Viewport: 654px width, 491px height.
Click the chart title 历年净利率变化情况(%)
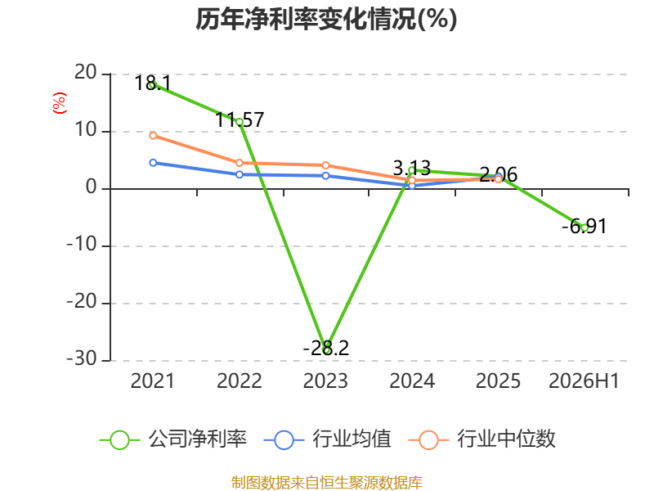click(x=326, y=19)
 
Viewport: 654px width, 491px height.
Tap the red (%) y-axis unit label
click(x=59, y=103)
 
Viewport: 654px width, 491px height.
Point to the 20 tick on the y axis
click(x=86, y=73)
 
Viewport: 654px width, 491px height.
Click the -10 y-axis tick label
click(x=83, y=244)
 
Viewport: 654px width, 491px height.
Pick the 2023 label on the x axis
click(x=325, y=381)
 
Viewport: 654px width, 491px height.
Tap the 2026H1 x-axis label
click(x=584, y=381)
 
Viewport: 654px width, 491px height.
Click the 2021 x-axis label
click(x=153, y=381)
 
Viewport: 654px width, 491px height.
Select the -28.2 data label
click(x=325, y=348)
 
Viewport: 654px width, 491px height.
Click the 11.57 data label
click(x=240, y=120)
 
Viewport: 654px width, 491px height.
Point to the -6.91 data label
click(x=584, y=227)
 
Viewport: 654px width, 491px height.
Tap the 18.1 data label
click(x=153, y=83)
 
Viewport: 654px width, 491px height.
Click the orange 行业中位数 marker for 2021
click(x=153, y=136)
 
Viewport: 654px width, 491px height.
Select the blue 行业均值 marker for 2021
click(x=153, y=163)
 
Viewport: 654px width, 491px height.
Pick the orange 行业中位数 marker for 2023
click(x=325, y=166)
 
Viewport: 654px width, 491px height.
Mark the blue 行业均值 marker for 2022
click(x=240, y=174)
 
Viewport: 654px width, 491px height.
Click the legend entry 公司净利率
click(x=173, y=439)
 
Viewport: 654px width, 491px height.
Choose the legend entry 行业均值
click(x=328, y=439)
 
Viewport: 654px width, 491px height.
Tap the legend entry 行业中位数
click(x=482, y=439)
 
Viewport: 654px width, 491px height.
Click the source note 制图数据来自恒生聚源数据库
click(x=327, y=483)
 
